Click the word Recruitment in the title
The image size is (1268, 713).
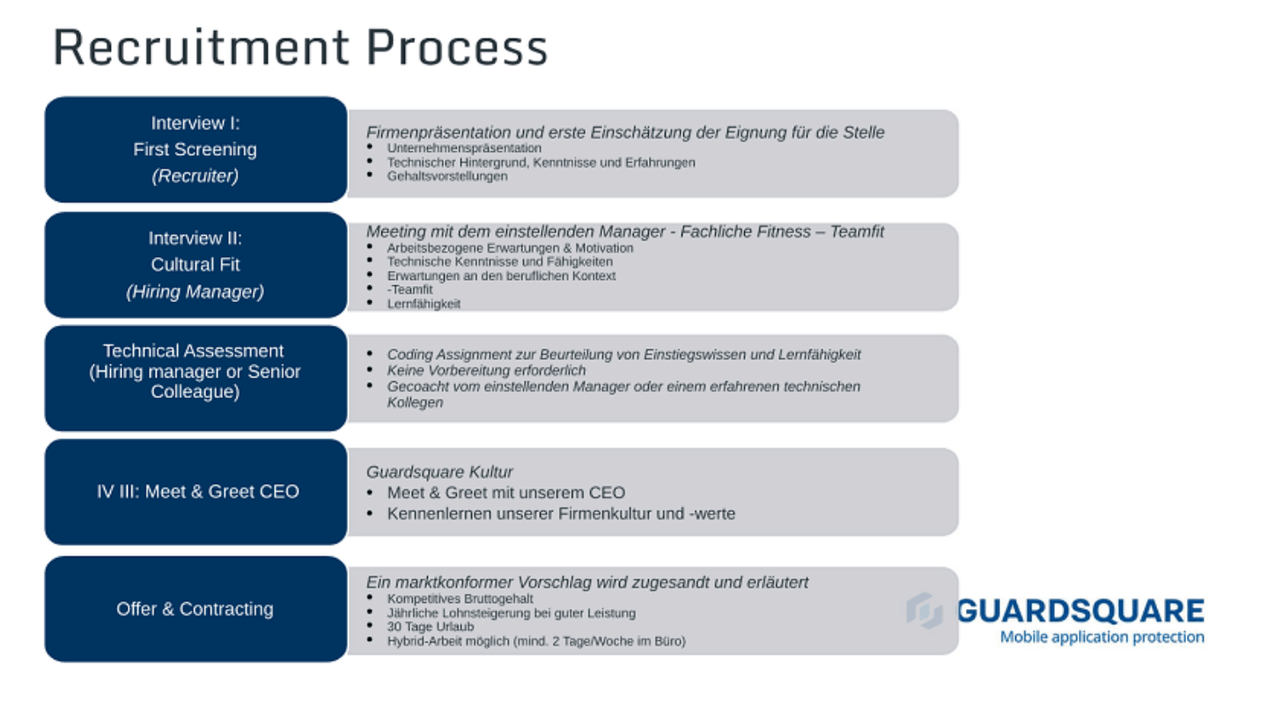point(202,48)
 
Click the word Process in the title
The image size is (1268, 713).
point(457,48)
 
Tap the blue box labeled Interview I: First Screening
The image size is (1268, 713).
point(195,150)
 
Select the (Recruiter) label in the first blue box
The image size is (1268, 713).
point(195,176)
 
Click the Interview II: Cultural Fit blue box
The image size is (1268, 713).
point(195,265)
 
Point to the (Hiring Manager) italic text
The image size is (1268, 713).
point(195,291)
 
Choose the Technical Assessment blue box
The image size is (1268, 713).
point(195,378)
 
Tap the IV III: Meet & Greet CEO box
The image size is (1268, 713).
point(195,492)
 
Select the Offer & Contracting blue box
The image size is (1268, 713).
point(195,609)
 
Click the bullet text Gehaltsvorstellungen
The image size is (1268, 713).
point(447,176)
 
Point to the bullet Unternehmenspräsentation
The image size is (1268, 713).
point(464,148)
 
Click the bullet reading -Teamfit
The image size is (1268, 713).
point(409,290)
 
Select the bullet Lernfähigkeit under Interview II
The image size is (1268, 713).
point(424,304)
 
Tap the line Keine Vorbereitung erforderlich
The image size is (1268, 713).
point(486,371)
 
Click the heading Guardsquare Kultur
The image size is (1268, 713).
point(439,472)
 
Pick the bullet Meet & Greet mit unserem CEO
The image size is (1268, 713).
point(506,493)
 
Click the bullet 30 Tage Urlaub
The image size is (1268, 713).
point(431,627)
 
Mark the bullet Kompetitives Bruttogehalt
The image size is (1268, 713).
point(461,599)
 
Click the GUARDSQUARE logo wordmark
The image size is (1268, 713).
point(1080,611)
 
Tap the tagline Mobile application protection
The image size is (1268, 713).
point(1102,637)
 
